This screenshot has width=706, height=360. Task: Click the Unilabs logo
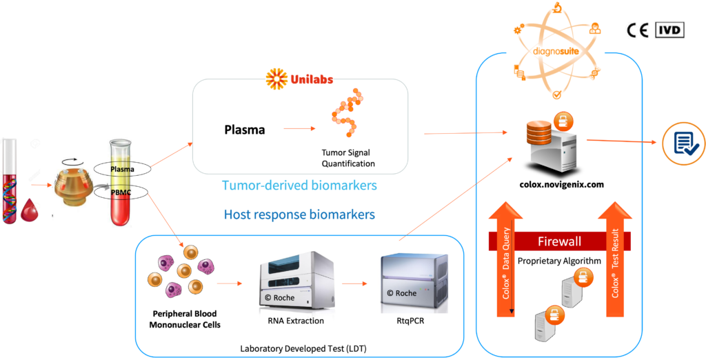pyautogui.click(x=299, y=79)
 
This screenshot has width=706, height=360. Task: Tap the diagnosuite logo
pyautogui.click(x=556, y=50)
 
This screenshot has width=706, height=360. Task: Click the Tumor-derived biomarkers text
pyautogui.click(x=299, y=186)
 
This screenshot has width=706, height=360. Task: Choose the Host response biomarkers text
pyautogui.click(x=299, y=214)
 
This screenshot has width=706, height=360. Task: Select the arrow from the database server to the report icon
pyautogui.click(x=621, y=141)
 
